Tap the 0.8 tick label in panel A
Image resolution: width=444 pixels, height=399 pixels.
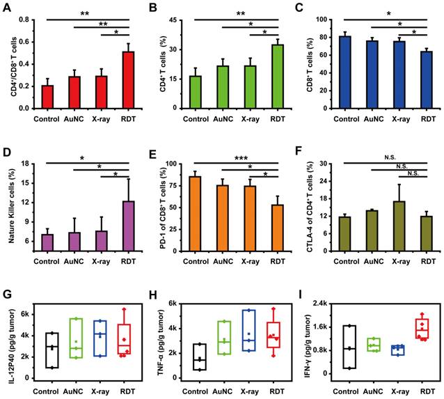pyautogui.click(x=23, y=19)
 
